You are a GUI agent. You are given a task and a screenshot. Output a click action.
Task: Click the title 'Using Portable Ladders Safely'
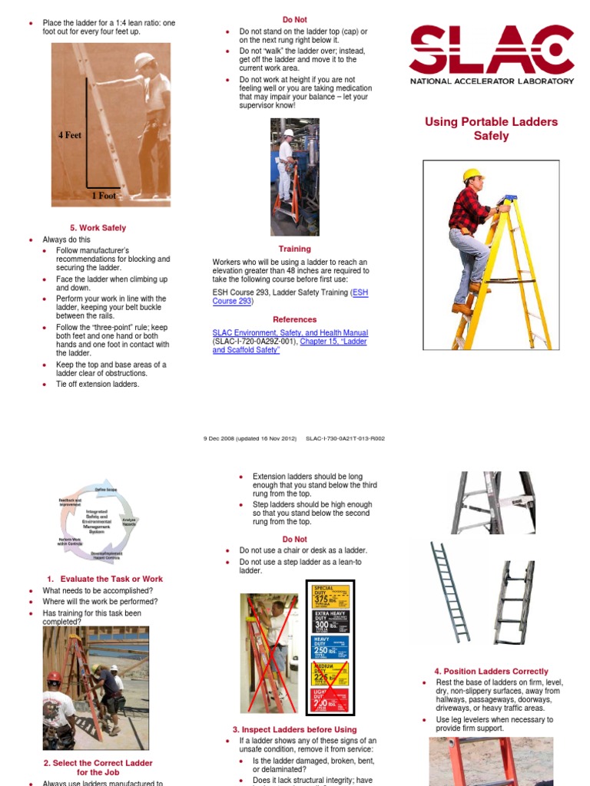point(491,129)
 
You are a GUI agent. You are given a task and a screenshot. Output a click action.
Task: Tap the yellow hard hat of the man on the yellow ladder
point(472,175)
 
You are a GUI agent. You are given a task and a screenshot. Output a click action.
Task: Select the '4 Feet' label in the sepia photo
point(69,135)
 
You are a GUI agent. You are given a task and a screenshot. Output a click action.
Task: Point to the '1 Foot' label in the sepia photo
point(104,196)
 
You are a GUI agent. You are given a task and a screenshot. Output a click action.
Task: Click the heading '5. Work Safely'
point(98,228)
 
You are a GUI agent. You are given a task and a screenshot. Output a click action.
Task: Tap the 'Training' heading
point(294,249)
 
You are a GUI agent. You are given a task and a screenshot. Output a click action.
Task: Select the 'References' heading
point(294,319)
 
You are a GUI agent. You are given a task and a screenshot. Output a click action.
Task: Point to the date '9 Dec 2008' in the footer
point(220,439)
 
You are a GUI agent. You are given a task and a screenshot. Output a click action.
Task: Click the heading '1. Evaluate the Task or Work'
point(104,579)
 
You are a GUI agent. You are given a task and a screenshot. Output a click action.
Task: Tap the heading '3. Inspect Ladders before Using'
point(294,729)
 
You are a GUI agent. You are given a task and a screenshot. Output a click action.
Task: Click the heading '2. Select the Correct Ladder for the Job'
point(98,768)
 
